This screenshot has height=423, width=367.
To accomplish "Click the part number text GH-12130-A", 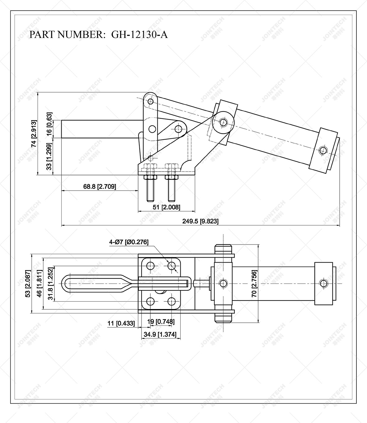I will point(139,35).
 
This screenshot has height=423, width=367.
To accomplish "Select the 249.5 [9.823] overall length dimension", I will point(200,221).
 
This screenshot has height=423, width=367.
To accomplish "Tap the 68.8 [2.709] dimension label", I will point(100,187).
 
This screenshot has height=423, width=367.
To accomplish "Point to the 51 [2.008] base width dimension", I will point(166,207).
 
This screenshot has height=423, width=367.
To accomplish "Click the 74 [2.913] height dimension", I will point(34,133).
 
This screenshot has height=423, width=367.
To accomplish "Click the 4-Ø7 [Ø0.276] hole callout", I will point(128,242).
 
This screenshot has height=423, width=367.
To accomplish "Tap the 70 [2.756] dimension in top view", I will point(254,284).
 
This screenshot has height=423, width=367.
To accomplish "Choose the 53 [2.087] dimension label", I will point(28,284).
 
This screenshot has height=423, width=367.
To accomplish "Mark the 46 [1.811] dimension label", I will point(39,284).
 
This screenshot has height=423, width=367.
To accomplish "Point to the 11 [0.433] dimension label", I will point(121,323).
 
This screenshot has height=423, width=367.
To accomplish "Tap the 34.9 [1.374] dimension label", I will point(160,335).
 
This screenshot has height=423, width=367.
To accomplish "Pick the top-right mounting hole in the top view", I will point(171,266).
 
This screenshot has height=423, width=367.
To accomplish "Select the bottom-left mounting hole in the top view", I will point(151,301).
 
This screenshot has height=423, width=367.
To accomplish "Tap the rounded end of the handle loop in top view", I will point(66,283).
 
